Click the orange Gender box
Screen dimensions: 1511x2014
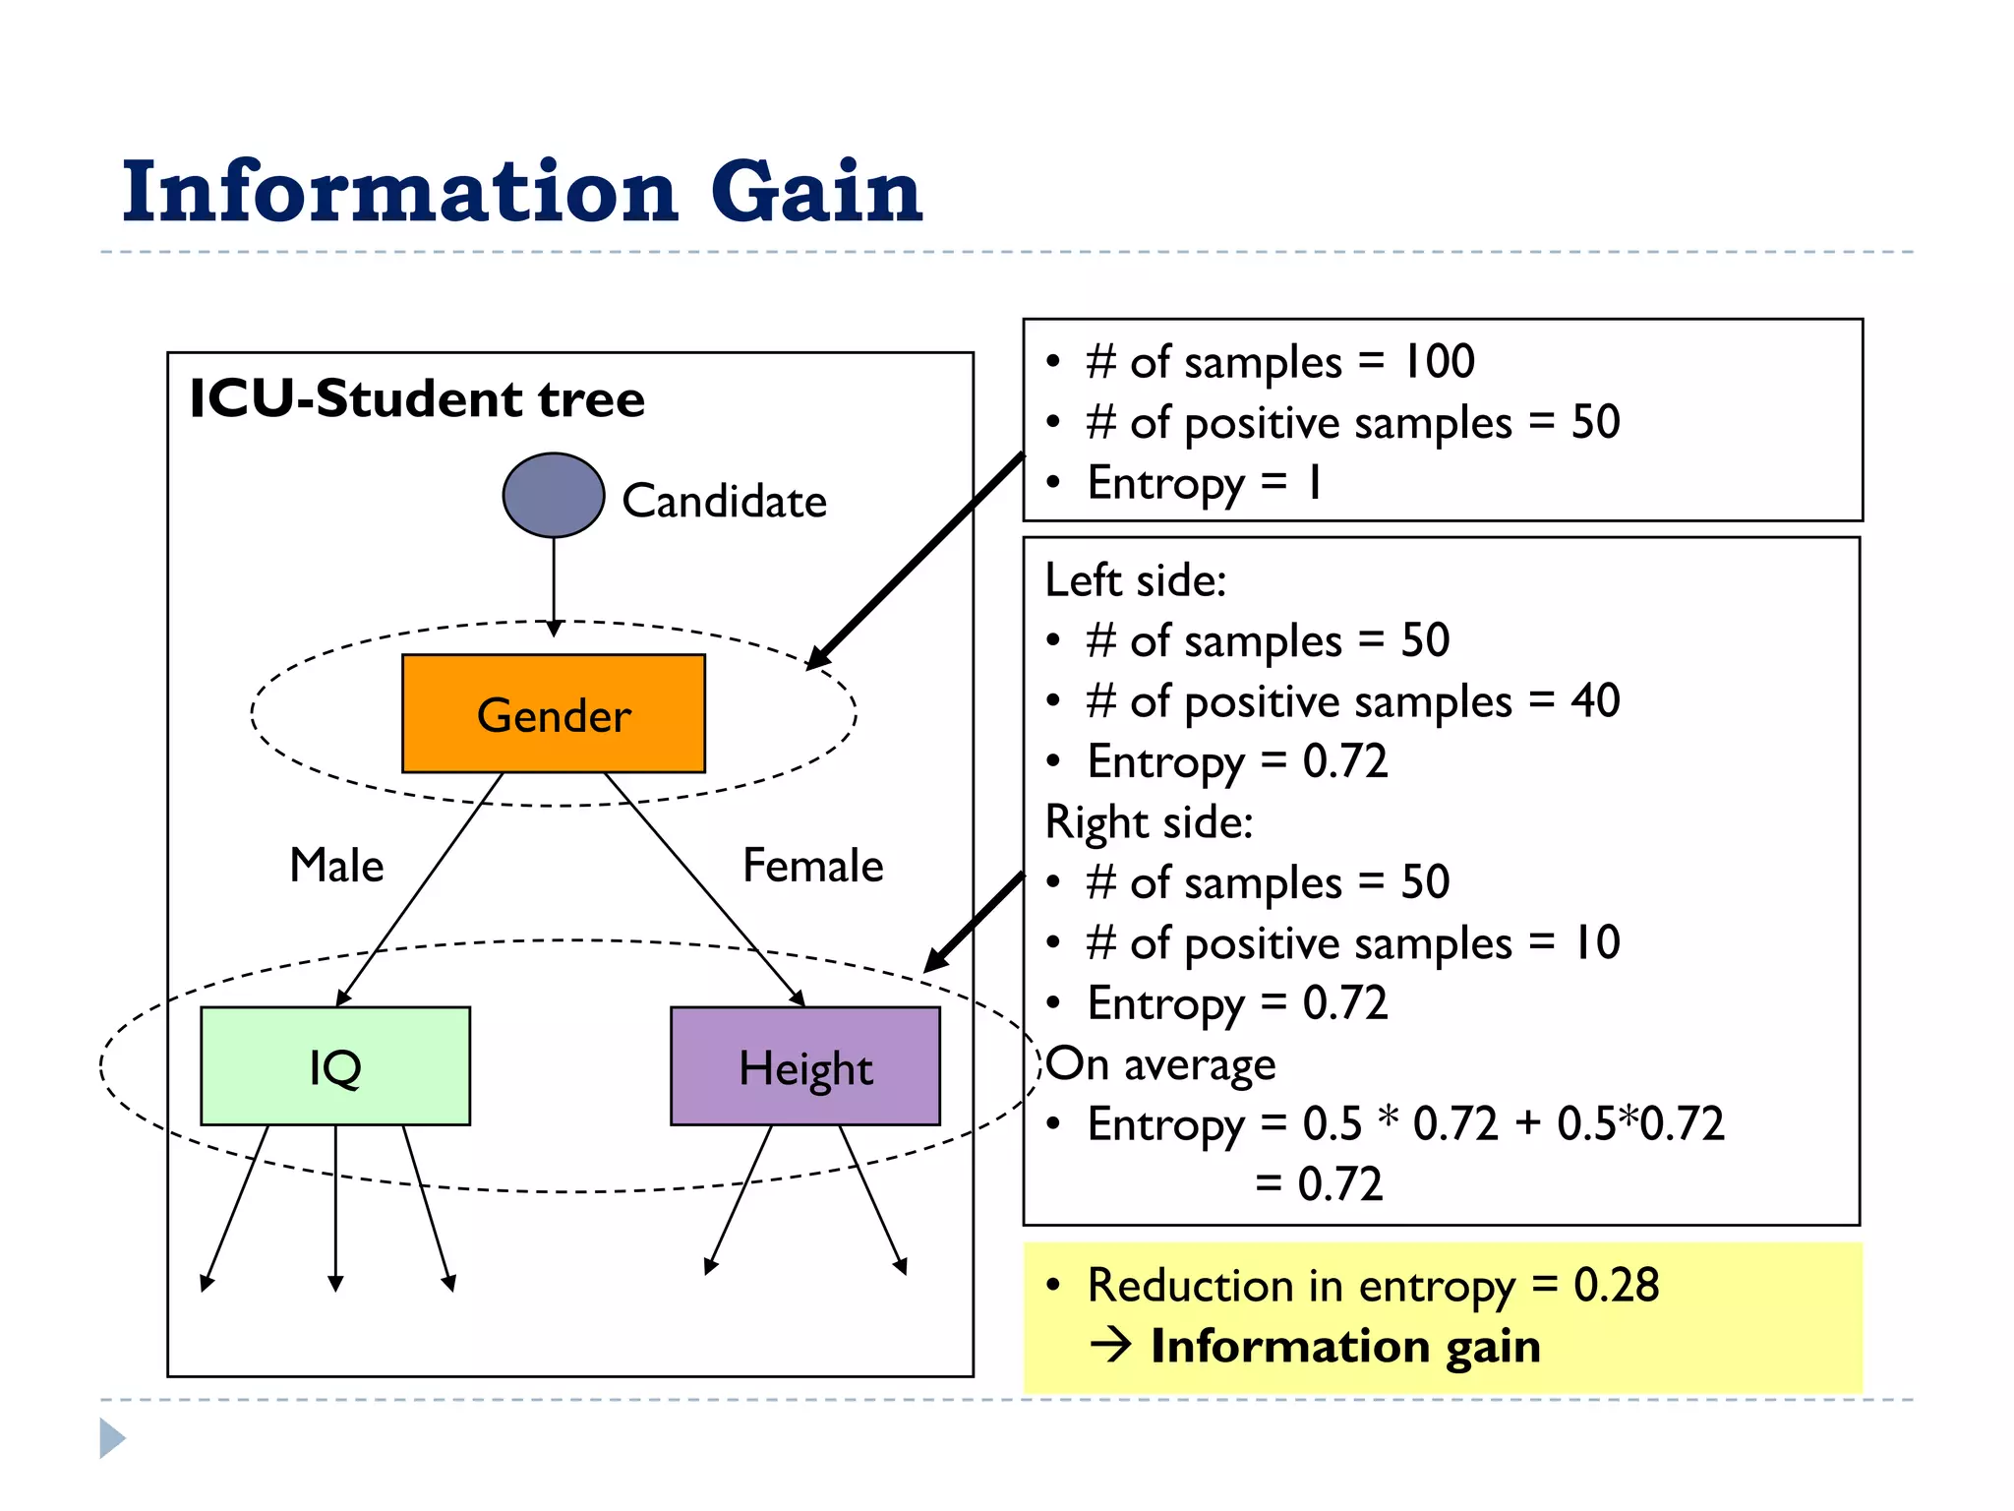554,714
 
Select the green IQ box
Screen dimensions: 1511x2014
335,1066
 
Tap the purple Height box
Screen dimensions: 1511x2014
805,1066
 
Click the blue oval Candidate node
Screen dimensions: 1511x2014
554,495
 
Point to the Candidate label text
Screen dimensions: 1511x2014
724,502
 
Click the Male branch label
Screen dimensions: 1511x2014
336,866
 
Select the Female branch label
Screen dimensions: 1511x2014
812,866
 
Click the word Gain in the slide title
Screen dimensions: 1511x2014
816,191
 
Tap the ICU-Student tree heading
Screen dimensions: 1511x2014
417,398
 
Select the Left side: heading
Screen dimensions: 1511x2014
1136,580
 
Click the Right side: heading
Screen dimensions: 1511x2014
1149,822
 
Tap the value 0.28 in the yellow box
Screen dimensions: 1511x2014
1616,1285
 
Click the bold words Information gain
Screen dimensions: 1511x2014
1345,1346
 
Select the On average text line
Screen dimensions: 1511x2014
1160,1064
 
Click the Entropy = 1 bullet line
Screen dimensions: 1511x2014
1204,483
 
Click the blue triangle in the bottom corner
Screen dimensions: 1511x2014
112,1438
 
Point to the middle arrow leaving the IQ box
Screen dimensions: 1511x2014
335,1210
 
